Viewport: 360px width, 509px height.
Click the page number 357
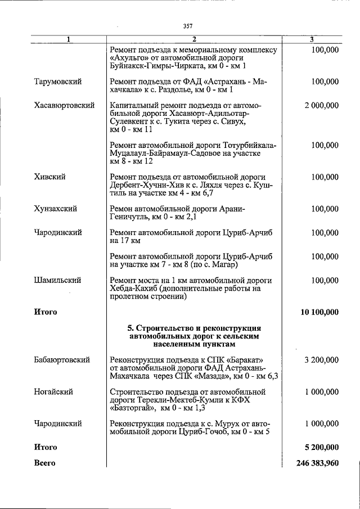[188, 25]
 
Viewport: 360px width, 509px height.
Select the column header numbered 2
[193, 39]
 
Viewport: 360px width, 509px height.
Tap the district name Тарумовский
[58, 82]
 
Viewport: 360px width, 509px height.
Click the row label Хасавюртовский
[64, 105]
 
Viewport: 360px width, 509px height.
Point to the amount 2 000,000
[321, 105]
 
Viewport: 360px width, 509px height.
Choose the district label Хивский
[49, 177]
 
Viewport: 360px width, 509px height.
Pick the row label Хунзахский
[55, 209]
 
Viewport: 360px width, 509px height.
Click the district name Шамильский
[57, 280]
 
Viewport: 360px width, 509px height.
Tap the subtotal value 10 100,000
[317, 312]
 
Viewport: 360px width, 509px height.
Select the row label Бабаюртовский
[61, 359]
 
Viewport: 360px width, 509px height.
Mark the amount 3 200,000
[321, 359]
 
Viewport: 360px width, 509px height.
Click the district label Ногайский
[53, 391]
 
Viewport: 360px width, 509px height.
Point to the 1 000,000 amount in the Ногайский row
[321, 391]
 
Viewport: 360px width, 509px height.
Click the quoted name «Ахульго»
[130, 58]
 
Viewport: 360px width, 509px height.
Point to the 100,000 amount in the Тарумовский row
[325, 82]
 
